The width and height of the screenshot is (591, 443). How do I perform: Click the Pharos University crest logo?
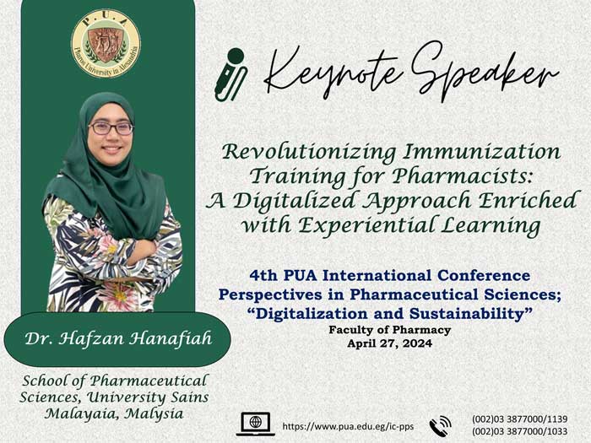[106, 44]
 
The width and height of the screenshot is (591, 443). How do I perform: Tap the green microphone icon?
[230, 74]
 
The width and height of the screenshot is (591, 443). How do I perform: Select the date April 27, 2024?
[390, 343]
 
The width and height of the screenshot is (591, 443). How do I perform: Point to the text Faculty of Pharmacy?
[390, 330]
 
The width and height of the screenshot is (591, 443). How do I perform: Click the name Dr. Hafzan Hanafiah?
[118, 338]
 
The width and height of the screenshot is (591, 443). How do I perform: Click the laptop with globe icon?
[256, 424]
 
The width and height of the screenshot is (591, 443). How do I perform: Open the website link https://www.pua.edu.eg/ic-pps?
[348, 426]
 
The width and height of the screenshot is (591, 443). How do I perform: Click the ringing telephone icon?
[440, 426]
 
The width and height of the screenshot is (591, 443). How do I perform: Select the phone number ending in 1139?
[520, 419]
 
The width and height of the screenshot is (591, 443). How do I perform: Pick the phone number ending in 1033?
[520, 431]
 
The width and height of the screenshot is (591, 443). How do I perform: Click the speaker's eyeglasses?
[111, 128]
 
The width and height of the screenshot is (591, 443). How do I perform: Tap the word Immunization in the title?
[482, 152]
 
